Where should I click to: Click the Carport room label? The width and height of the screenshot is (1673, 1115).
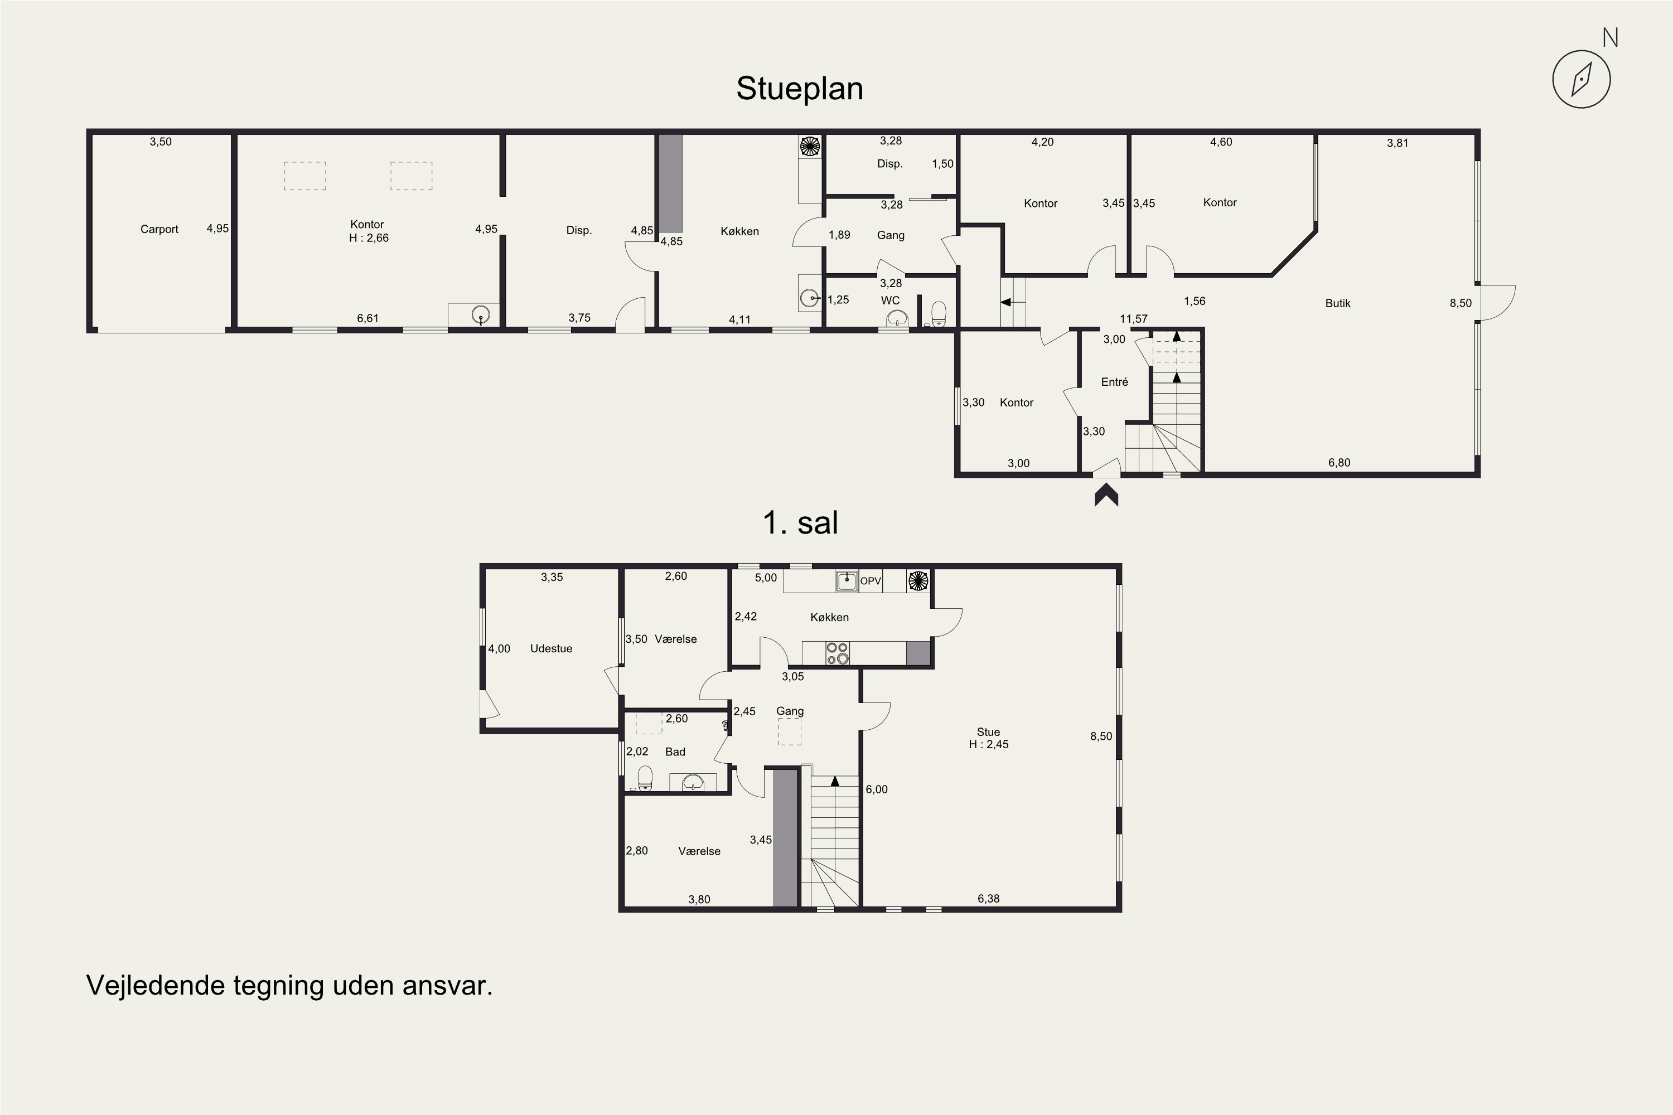[159, 229]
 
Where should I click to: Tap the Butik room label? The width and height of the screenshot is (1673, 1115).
[1337, 303]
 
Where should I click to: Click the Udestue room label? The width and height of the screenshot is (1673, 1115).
[552, 648]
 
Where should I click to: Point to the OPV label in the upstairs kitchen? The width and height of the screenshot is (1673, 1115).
[871, 581]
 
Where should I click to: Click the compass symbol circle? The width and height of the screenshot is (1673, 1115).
[1581, 79]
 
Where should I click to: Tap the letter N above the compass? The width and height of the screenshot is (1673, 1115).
[1611, 38]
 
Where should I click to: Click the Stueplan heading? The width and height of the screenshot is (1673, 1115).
[800, 89]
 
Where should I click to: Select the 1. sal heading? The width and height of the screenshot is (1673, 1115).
[800, 523]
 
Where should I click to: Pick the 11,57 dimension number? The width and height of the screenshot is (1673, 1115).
[1134, 318]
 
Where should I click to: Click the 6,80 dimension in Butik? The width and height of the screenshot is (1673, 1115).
[1339, 462]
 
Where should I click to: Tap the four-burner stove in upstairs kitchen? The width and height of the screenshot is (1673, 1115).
[837, 653]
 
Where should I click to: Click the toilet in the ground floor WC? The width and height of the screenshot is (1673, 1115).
[938, 313]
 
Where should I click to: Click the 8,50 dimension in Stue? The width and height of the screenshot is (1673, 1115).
[1101, 736]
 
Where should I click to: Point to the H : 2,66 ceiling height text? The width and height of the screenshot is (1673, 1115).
[369, 238]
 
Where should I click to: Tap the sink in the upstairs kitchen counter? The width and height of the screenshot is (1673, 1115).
[847, 580]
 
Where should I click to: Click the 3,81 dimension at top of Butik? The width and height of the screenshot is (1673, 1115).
[1398, 143]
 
